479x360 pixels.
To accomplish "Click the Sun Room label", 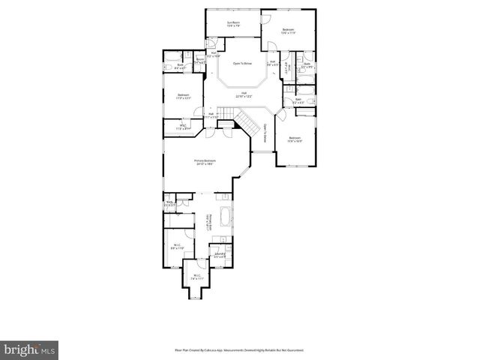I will coord(233,24).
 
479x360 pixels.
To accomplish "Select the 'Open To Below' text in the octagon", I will coord(241,64).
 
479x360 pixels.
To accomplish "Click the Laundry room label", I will coord(220,256).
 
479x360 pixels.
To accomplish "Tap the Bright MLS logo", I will coord(30,349).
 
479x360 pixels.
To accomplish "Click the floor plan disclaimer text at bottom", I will coord(239,350).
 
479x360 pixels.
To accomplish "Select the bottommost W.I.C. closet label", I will coord(197,277).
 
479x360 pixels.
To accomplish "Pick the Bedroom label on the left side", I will coord(183,96).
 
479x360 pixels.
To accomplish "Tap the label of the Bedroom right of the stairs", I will coord(295,139).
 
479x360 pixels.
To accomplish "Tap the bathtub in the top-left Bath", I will coord(169,57).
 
